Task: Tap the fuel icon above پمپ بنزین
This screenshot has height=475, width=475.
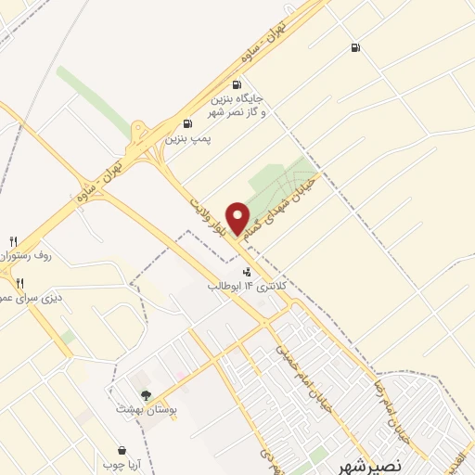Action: point(188,123)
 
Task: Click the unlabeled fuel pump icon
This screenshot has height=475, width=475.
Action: point(355,48)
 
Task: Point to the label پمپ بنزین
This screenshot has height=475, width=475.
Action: point(189,138)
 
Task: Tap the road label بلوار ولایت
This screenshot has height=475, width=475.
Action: point(210,210)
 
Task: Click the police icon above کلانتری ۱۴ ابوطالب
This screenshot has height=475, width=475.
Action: point(247,272)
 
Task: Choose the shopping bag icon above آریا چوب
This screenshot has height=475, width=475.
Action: point(121,449)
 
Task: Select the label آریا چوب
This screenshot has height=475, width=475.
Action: point(121,463)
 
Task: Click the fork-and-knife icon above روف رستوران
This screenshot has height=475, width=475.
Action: point(13,241)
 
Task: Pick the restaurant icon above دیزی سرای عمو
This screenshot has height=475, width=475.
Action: point(19,283)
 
